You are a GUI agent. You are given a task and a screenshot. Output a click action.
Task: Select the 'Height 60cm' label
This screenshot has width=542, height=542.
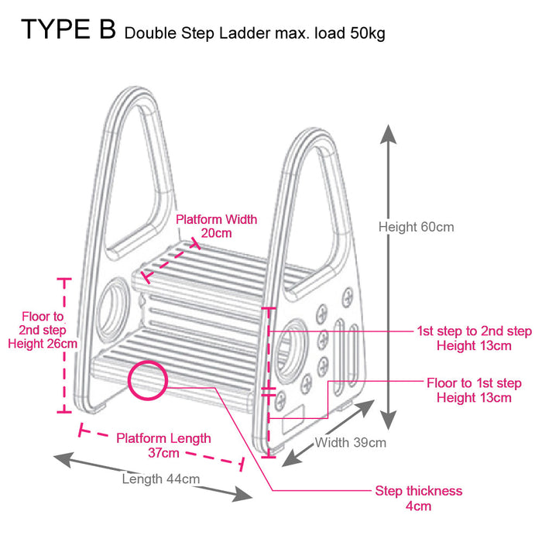coord(416,227)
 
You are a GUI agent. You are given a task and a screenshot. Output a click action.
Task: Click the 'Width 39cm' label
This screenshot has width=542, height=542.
coord(350,443)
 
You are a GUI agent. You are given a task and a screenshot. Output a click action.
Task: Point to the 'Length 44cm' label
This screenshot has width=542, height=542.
coord(160,479)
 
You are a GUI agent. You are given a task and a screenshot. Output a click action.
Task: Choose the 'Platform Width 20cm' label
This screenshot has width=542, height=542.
coord(216,226)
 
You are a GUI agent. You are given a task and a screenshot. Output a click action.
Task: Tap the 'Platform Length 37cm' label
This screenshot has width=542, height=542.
coord(163,445)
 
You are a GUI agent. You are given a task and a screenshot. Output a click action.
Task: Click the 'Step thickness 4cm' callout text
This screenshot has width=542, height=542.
coord(418,499)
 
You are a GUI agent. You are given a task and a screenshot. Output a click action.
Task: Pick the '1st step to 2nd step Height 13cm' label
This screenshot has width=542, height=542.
coord(474,338)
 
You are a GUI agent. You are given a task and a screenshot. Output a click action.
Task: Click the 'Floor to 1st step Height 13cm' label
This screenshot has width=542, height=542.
coord(474,390)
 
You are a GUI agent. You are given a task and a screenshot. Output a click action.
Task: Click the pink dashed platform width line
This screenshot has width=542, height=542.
coord(170,261)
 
